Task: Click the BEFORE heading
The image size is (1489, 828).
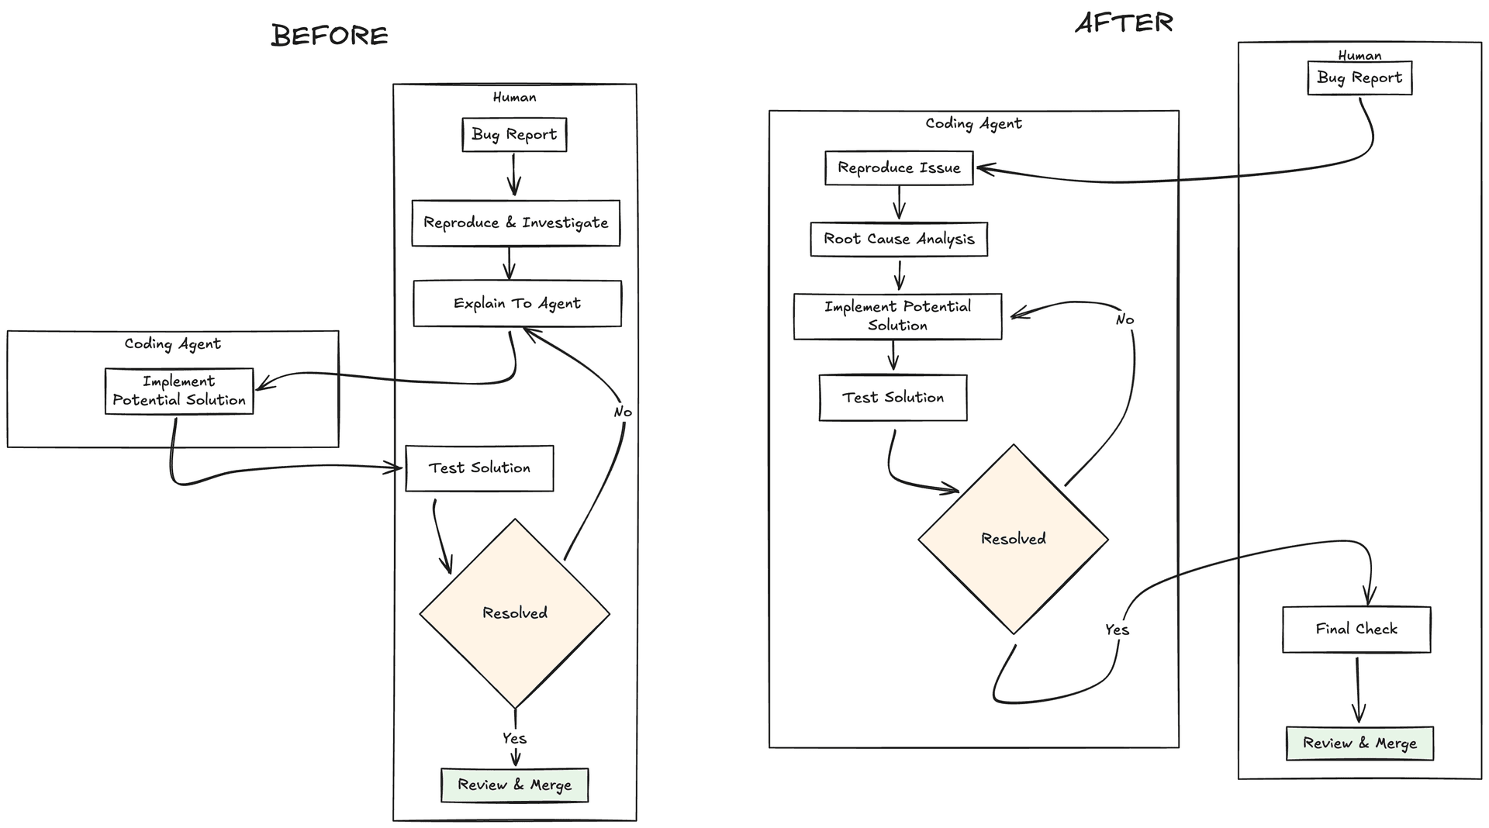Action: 330,36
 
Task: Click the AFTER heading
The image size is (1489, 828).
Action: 1124,23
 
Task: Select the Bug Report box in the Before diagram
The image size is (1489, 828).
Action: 514,135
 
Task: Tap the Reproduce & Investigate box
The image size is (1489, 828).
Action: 516,223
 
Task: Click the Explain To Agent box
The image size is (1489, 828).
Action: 517,303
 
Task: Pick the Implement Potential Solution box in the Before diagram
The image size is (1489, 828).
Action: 179,391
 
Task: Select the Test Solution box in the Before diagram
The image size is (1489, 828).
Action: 479,468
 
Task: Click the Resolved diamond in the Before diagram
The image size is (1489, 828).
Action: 515,613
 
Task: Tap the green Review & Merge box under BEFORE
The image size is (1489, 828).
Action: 514,785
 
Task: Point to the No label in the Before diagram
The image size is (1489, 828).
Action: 623,412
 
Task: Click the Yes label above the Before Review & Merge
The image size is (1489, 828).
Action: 514,738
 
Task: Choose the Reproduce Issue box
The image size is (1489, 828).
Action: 899,168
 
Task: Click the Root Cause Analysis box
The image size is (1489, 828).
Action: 899,239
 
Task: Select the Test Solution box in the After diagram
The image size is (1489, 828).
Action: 893,398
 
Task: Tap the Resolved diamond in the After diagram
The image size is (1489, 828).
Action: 1013,539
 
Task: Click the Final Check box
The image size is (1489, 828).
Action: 1356,630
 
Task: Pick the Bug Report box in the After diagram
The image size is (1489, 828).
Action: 1359,78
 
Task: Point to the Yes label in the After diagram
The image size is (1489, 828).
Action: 1117,630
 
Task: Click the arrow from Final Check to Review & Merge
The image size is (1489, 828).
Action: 1358,689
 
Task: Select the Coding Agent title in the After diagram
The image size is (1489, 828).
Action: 973,124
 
